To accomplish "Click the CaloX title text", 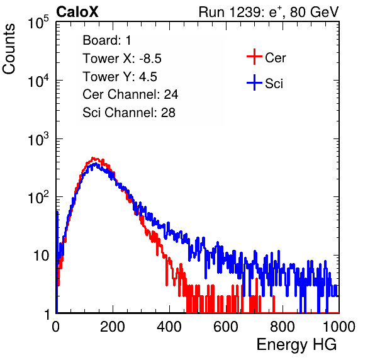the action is [77, 12].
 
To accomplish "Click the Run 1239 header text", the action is [269, 12].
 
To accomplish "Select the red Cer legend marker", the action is [254, 57].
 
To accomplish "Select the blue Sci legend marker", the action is [254, 83].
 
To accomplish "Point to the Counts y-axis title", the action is [9, 49].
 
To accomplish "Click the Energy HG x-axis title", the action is [296, 345].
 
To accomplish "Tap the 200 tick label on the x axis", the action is [113, 327].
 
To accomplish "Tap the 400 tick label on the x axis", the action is [169, 327].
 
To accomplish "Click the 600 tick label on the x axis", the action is [226, 327].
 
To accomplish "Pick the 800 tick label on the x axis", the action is [283, 327].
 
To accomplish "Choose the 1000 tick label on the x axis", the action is [339, 327].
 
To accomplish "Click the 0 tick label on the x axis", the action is [56, 327].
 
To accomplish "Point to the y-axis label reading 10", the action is [42, 256].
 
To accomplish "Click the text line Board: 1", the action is [107, 40].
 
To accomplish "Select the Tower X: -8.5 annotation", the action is [122, 59].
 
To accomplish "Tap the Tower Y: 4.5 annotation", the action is [120, 77].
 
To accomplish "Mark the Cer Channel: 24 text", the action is [130, 94].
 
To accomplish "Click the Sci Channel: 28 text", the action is [129, 113].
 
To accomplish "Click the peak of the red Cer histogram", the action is [94, 158].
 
